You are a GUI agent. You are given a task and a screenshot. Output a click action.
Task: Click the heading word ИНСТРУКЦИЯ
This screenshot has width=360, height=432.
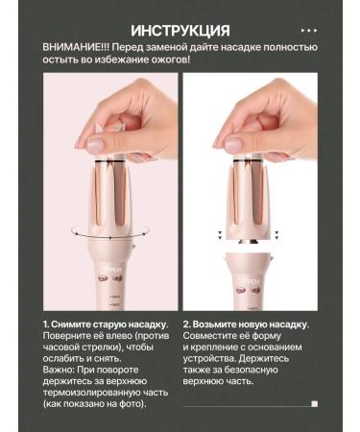[180, 31]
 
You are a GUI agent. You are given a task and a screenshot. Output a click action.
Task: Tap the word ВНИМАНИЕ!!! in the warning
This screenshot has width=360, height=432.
[76, 47]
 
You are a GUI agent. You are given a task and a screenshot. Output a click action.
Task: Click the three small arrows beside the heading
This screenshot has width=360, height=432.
[309, 31]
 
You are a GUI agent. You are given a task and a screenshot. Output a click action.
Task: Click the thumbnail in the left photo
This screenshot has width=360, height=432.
[96, 144]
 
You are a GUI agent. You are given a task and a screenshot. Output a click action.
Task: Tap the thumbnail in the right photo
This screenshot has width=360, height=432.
[233, 144]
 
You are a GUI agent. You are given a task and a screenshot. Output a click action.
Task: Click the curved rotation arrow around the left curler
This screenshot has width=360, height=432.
[110, 231]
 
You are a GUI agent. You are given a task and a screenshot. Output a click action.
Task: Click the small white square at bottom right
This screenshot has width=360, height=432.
[315, 404]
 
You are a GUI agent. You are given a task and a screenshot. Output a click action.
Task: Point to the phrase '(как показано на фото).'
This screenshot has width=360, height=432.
[94, 404]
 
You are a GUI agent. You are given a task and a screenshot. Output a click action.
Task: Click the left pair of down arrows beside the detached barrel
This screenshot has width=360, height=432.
[220, 235]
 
